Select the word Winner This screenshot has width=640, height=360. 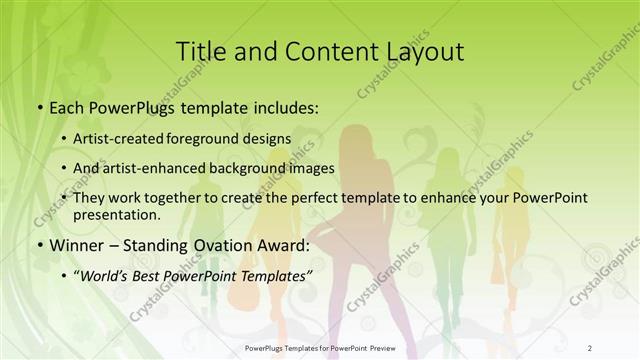click(73, 244)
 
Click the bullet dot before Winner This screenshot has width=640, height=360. click(39, 244)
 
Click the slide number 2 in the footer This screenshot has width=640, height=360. click(590, 346)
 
